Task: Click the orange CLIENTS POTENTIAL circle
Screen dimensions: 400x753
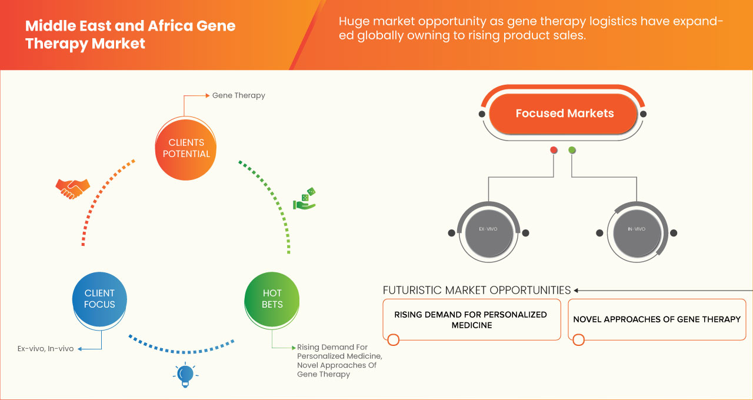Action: (x=185, y=148)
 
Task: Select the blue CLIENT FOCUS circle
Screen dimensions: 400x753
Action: (x=99, y=299)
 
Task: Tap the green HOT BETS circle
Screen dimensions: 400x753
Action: (x=272, y=299)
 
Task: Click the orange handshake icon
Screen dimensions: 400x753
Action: (x=72, y=188)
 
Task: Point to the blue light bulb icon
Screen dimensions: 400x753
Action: (x=185, y=375)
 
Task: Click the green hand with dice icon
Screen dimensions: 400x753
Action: (x=305, y=199)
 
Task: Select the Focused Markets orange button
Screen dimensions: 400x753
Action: (x=564, y=114)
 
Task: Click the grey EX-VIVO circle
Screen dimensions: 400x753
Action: (x=488, y=232)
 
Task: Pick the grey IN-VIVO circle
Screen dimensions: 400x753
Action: (x=637, y=232)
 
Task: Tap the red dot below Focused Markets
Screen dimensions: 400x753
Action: (x=554, y=151)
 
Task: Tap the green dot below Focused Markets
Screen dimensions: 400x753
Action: (x=572, y=151)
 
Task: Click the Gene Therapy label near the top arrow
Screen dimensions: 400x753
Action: (x=238, y=95)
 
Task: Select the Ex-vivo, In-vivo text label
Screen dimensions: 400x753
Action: (x=46, y=349)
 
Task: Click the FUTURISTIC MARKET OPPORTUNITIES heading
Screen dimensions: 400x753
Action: (x=477, y=290)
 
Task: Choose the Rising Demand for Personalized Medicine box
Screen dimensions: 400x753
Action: (x=471, y=319)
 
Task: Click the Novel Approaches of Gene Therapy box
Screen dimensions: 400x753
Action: (x=657, y=319)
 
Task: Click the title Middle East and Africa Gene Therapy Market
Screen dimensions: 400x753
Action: (x=130, y=35)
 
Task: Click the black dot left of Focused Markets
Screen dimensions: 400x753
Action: (x=482, y=114)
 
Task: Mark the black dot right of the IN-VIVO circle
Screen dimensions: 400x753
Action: (x=674, y=233)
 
